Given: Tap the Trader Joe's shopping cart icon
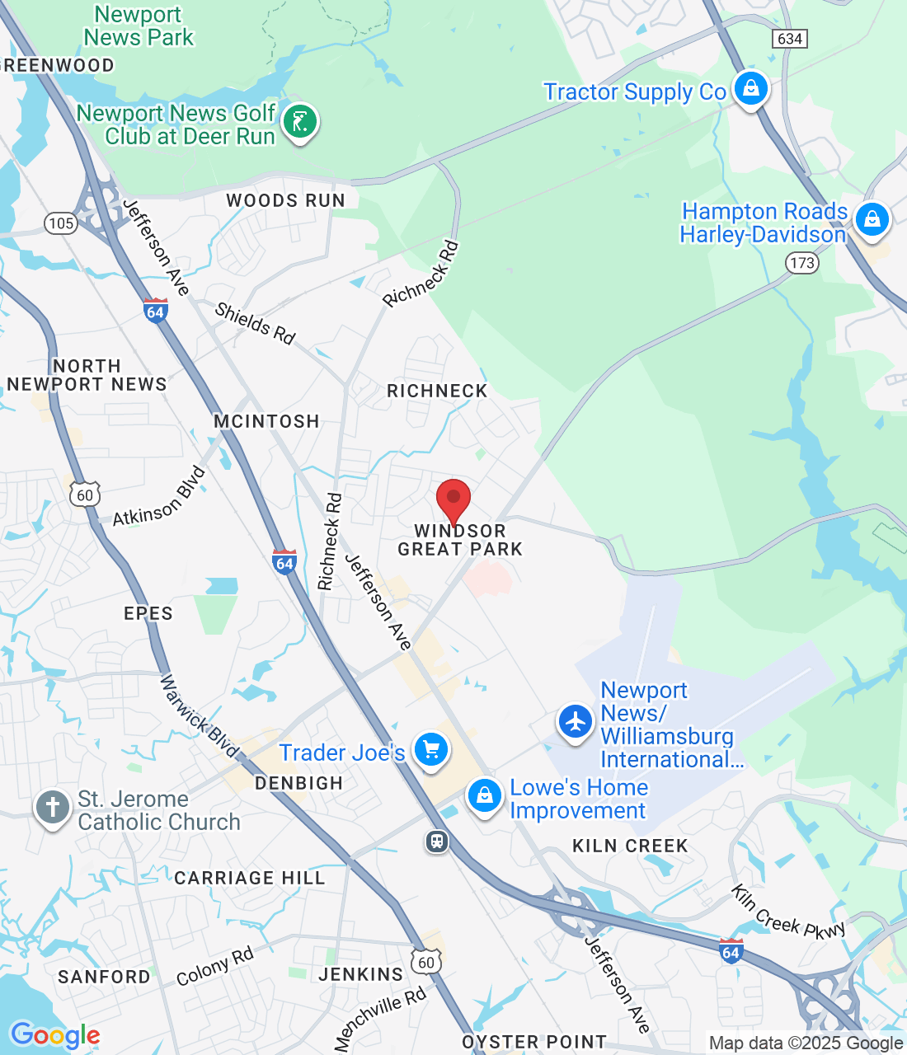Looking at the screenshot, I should coord(430,749).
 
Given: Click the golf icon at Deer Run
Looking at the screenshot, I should coord(300,122).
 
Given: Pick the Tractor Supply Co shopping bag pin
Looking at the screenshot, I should coord(750,87).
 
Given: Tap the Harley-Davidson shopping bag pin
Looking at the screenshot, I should coord(872,219).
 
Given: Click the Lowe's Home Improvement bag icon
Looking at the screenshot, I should coord(485,795).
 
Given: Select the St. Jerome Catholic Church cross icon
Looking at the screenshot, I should coord(53,807).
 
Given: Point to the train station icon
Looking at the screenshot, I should coord(437,842).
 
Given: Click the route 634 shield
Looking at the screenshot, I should coord(789,38).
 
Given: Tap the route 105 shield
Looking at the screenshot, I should coord(61,223).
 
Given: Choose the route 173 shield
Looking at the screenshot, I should coord(801,263).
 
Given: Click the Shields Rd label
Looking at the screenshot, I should coord(255,322).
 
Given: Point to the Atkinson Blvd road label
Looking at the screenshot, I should coord(159,497).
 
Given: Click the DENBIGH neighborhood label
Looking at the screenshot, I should coord(298,783).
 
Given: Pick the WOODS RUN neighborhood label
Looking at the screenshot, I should coord(285,200).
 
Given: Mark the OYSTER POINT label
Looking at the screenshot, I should coord(534,1042).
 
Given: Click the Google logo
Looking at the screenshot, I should coord(55,1035).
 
